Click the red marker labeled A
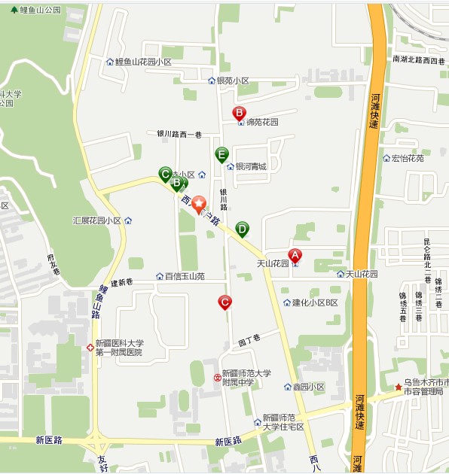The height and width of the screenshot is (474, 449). click(x=295, y=256)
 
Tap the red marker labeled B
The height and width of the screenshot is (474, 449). click(x=239, y=114)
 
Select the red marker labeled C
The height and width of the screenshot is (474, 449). click(x=225, y=302)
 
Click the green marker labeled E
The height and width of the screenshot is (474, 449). click(x=221, y=155)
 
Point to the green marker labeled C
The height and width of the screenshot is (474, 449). click(x=165, y=174)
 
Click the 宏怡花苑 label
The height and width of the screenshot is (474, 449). click(x=408, y=159)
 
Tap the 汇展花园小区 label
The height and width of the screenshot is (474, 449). click(x=97, y=220)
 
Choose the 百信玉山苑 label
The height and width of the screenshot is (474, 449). click(x=185, y=276)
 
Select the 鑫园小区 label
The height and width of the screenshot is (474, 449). click(x=308, y=387)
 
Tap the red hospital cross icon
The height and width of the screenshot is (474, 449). click(x=90, y=348)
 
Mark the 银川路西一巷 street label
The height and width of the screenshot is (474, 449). click(x=179, y=134)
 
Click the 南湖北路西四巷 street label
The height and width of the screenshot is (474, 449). click(x=419, y=59)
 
